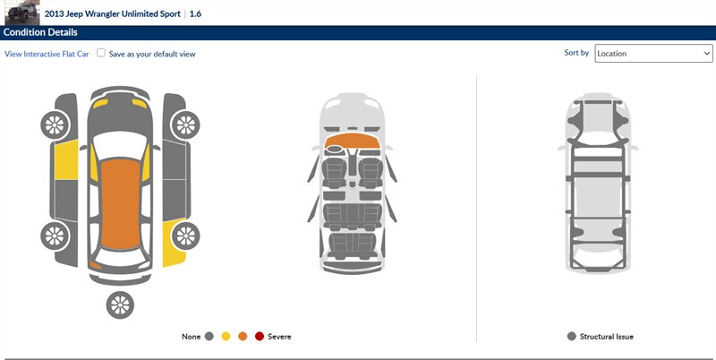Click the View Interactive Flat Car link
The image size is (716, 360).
pos(47,54)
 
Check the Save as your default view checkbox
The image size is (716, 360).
pos(101,53)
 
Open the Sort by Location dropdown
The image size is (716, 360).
pos(653,54)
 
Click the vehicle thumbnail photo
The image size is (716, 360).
pos(22,13)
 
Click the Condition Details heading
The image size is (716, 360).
pos(40,32)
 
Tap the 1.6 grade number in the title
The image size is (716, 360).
pos(195,13)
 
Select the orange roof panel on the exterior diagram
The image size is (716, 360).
pos(120,204)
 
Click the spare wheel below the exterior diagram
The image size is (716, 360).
pos(120,304)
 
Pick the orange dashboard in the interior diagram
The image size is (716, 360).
pos(352,141)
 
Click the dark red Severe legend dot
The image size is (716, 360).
pos(260,337)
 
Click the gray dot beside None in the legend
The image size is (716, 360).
pos(209,337)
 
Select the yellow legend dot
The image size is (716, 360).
pos(226,337)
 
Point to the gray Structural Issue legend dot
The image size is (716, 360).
pos(571,337)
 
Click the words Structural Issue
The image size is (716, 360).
pos(607,337)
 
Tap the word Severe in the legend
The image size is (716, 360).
pos(279,337)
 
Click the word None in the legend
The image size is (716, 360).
pos(191,337)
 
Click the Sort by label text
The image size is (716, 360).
pos(576,53)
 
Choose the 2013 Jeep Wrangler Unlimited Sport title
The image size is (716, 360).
pos(113,13)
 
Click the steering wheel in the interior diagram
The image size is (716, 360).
pos(335,149)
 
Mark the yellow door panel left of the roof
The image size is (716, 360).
pos(66,160)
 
